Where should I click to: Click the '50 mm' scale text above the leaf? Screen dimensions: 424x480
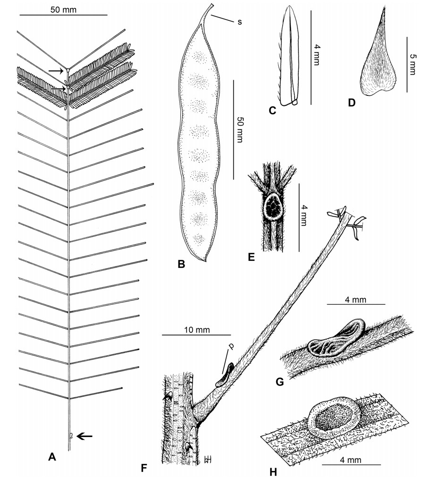coord(63,9)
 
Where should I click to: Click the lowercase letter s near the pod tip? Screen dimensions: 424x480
coord(239,21)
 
